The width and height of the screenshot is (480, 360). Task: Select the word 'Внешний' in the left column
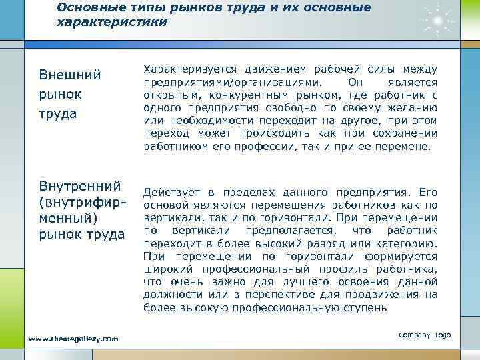[x=70, y=74]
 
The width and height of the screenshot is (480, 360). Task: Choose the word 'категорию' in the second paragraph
[x=409, y=243]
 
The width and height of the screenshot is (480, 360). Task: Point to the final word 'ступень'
[x=366, y=307]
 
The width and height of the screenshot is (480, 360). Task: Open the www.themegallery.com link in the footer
[x=73, y=339]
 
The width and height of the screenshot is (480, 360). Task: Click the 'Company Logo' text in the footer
[x=424, y=334]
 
